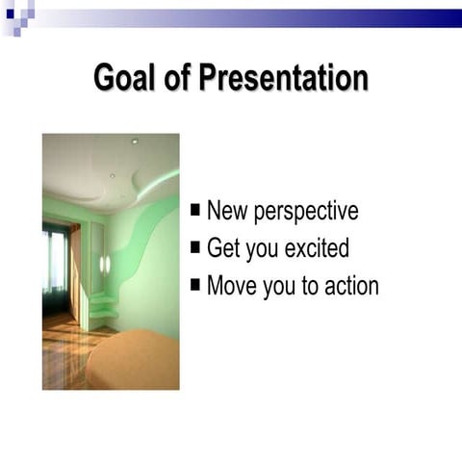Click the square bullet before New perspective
(x=196, y=209)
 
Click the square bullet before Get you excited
(x=196, y=246)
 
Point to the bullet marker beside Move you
(x=196, y=284)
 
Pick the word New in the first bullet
(x=227, y=210)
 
